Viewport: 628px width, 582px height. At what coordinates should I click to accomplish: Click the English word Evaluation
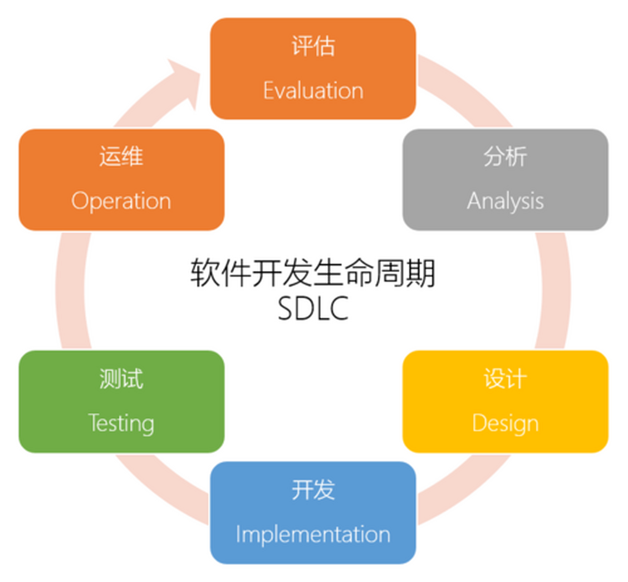(x=313, y=90)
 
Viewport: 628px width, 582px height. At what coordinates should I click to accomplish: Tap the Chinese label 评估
(x=313, y=46)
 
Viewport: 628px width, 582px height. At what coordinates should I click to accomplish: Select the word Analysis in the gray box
(x=505, y=201)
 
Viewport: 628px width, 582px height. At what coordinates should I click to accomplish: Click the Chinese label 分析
(x=505, y=157)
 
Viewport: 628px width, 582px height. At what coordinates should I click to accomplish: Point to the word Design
(x=505, y=423)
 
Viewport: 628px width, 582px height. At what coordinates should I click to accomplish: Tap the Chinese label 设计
(x=505, y=379)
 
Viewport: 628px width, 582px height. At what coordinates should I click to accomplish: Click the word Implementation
(x=313, y=534)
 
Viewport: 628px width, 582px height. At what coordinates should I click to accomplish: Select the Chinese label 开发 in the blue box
(x=313, y=490)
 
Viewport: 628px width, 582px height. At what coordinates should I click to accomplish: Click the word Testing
(x=121, y=423)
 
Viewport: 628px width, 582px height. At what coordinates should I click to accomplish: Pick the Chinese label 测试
(x=121, y=379)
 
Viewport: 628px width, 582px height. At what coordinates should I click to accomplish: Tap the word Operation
(x=121, y=201)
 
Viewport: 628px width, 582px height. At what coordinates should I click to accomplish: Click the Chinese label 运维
(x=121, y=157)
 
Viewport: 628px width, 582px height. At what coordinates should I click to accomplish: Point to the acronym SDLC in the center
(x=313, y=309)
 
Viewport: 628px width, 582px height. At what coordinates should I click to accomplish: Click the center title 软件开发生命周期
(x=313, y=273)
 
